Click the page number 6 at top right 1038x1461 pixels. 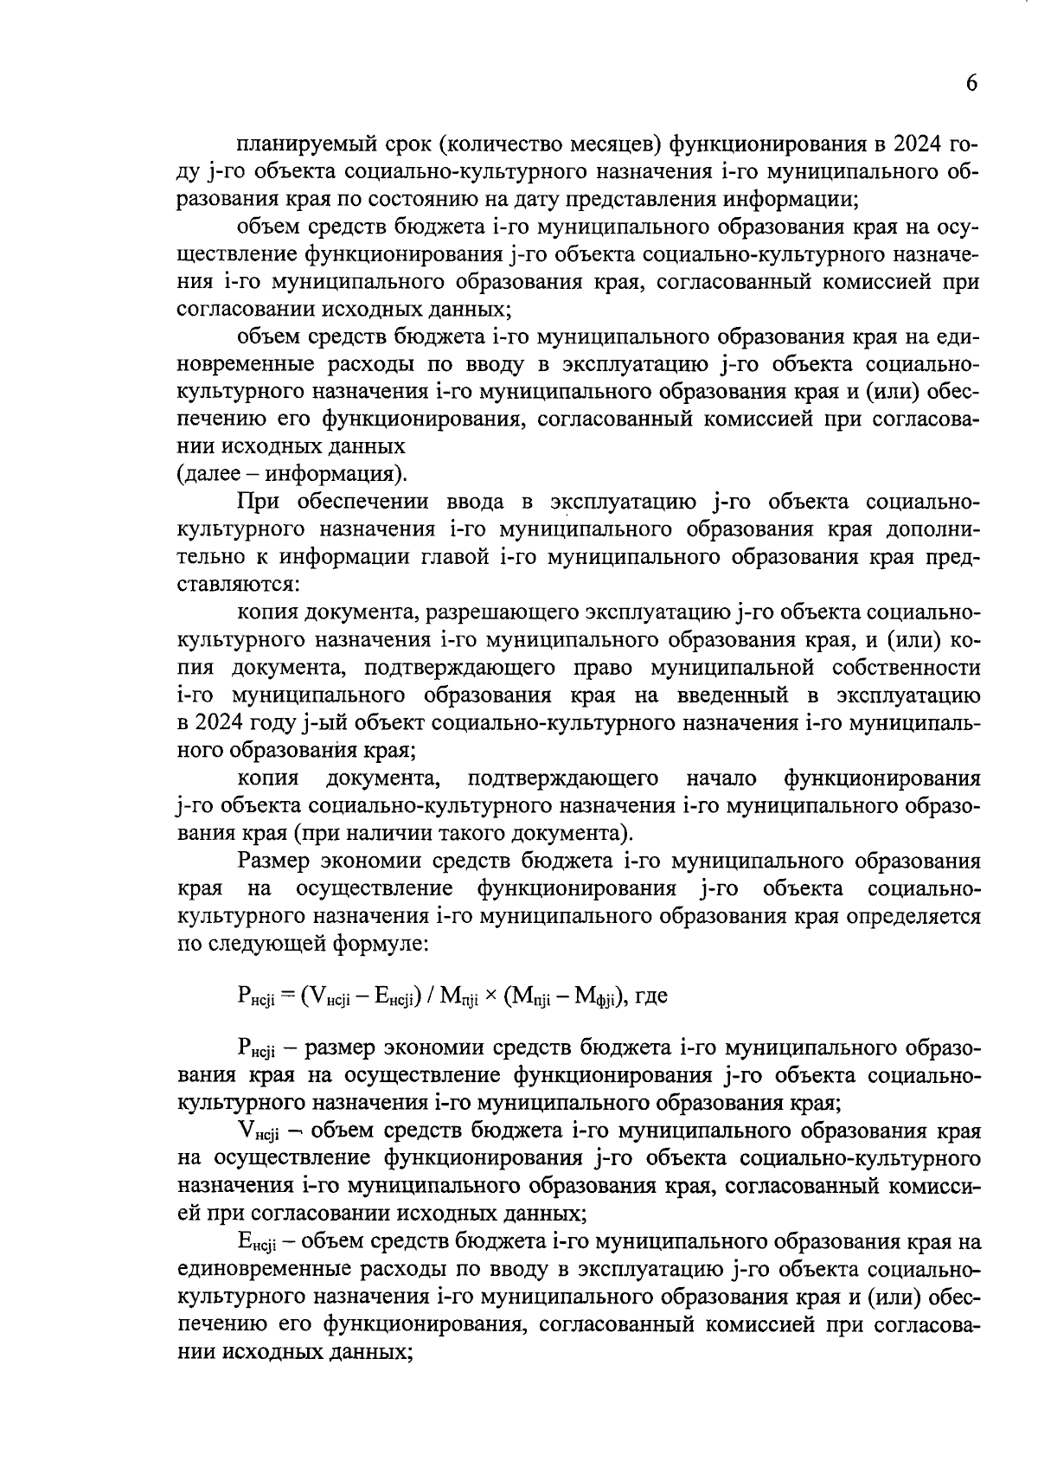(x=971, y=84)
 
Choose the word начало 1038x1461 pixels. (x=721, y=779)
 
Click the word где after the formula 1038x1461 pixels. (x=650, y=996)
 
